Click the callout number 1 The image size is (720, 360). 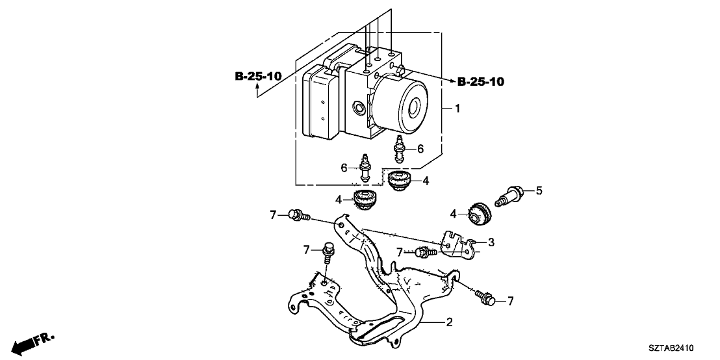click(457, 109)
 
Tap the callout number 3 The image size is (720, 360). click(491, 242)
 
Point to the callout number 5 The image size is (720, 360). click(539, 190)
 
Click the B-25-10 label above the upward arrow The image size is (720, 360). click(258, 77)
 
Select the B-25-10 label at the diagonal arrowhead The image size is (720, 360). click(481, 82)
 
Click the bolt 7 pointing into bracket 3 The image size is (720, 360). click(426, 251)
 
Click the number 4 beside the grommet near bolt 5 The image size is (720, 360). click(454, 212)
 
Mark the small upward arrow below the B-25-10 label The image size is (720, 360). click(257, 91)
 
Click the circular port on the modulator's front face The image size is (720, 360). click(358, 107)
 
